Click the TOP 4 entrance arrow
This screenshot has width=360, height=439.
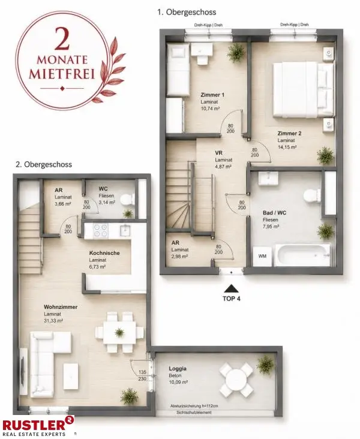(x=231, y=288)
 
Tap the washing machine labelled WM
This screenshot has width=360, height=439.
(x=262, y=256)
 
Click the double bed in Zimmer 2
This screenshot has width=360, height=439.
(x=304, y=89)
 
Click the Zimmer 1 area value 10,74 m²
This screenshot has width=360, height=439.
(x=210, y=109)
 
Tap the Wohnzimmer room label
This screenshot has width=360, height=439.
(x=61, y=307)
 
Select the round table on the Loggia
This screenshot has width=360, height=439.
(x=236, y=380)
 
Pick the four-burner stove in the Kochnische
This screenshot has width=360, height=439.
(x=100, y=230)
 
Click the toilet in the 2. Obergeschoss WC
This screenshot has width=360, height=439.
(x=127, y=200)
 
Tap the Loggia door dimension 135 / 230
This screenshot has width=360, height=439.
(x=142, y=375)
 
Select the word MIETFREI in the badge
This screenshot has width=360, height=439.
(x=62, y=74)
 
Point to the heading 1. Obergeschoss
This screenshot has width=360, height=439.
(x=187, y=12)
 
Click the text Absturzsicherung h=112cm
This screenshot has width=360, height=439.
(x=194, y=406)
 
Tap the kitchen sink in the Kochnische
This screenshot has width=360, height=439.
(x=124, y=230)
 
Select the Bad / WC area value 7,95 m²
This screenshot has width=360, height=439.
(x=271, y=227)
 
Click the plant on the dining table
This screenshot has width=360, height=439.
(x=119, y=333)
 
